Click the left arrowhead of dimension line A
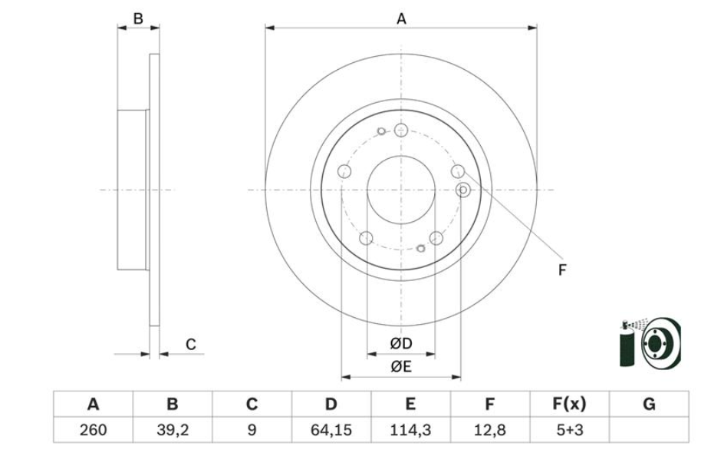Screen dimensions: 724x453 click(270, 28)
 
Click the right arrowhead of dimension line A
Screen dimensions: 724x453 click(532, 28)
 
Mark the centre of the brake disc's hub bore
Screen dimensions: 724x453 click(401, 190)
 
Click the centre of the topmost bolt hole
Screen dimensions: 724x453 click(401, 130)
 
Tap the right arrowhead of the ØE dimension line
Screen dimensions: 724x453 click(456, 377)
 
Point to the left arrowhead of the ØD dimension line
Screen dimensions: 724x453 click(372, 355)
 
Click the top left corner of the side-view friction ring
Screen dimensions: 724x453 click(150, 54)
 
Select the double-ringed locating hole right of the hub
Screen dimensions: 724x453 click(462, 190)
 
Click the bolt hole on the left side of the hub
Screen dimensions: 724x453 click(344, 171)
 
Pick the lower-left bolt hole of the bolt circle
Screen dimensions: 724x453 click(366, 238)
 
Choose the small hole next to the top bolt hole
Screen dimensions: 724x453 click(381, 131)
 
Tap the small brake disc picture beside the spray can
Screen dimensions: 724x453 click(661, 343)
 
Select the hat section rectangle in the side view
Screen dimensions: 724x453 click(133, 190)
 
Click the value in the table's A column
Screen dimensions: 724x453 click(94, 430)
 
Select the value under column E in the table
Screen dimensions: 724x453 click(410, 430)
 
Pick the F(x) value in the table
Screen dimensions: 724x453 click(569, 430)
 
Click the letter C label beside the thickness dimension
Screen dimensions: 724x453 click(191, 345)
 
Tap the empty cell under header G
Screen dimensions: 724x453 click(649, 430)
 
